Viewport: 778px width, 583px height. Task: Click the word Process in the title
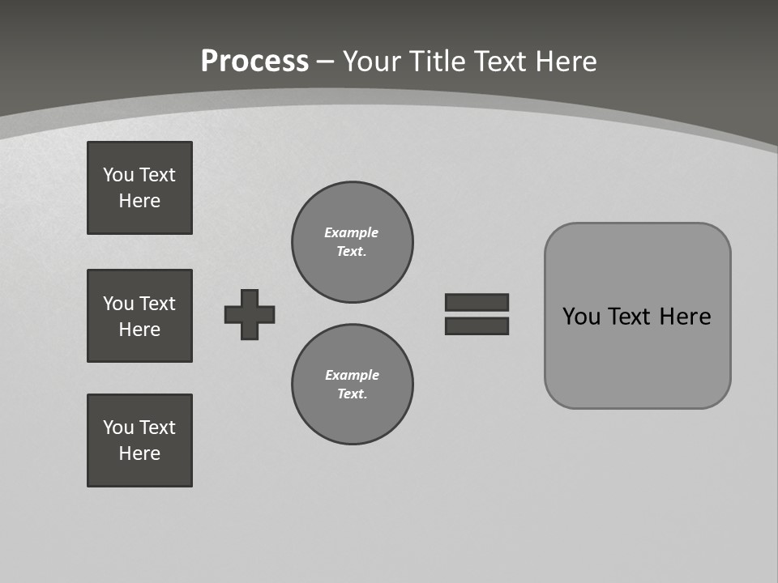coord(254,62)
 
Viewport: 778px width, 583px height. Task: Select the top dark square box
coord(139,188)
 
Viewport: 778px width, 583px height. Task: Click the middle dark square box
coord(139,316)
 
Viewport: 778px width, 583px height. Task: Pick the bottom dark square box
coord(139,440)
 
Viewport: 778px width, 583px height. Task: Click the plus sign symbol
coord(250,314)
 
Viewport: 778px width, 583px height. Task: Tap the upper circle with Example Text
coord(353,242)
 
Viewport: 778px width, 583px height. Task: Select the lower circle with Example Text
coord(353,385)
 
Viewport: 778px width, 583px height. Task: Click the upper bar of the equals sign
coord(477,302)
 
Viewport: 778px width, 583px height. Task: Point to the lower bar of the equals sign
coord(477,326)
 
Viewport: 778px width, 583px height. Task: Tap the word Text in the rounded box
coord(631,317)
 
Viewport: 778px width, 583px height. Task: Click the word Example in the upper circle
coord(352,232)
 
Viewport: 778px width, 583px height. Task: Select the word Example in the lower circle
coord(352,375)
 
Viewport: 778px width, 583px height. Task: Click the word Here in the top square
coord(139,201)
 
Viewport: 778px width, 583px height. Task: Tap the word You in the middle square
coord(118,304)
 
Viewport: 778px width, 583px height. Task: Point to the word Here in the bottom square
coord(139,453)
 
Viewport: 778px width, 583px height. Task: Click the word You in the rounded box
coord(581,317)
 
